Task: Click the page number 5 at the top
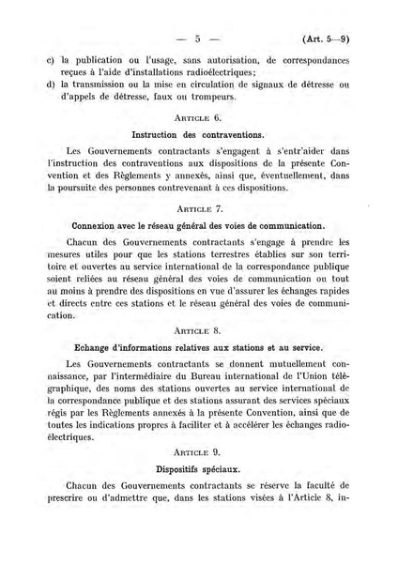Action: (198, 39)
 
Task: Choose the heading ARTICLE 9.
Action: (197, 451)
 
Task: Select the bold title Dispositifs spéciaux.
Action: (197, 468)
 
